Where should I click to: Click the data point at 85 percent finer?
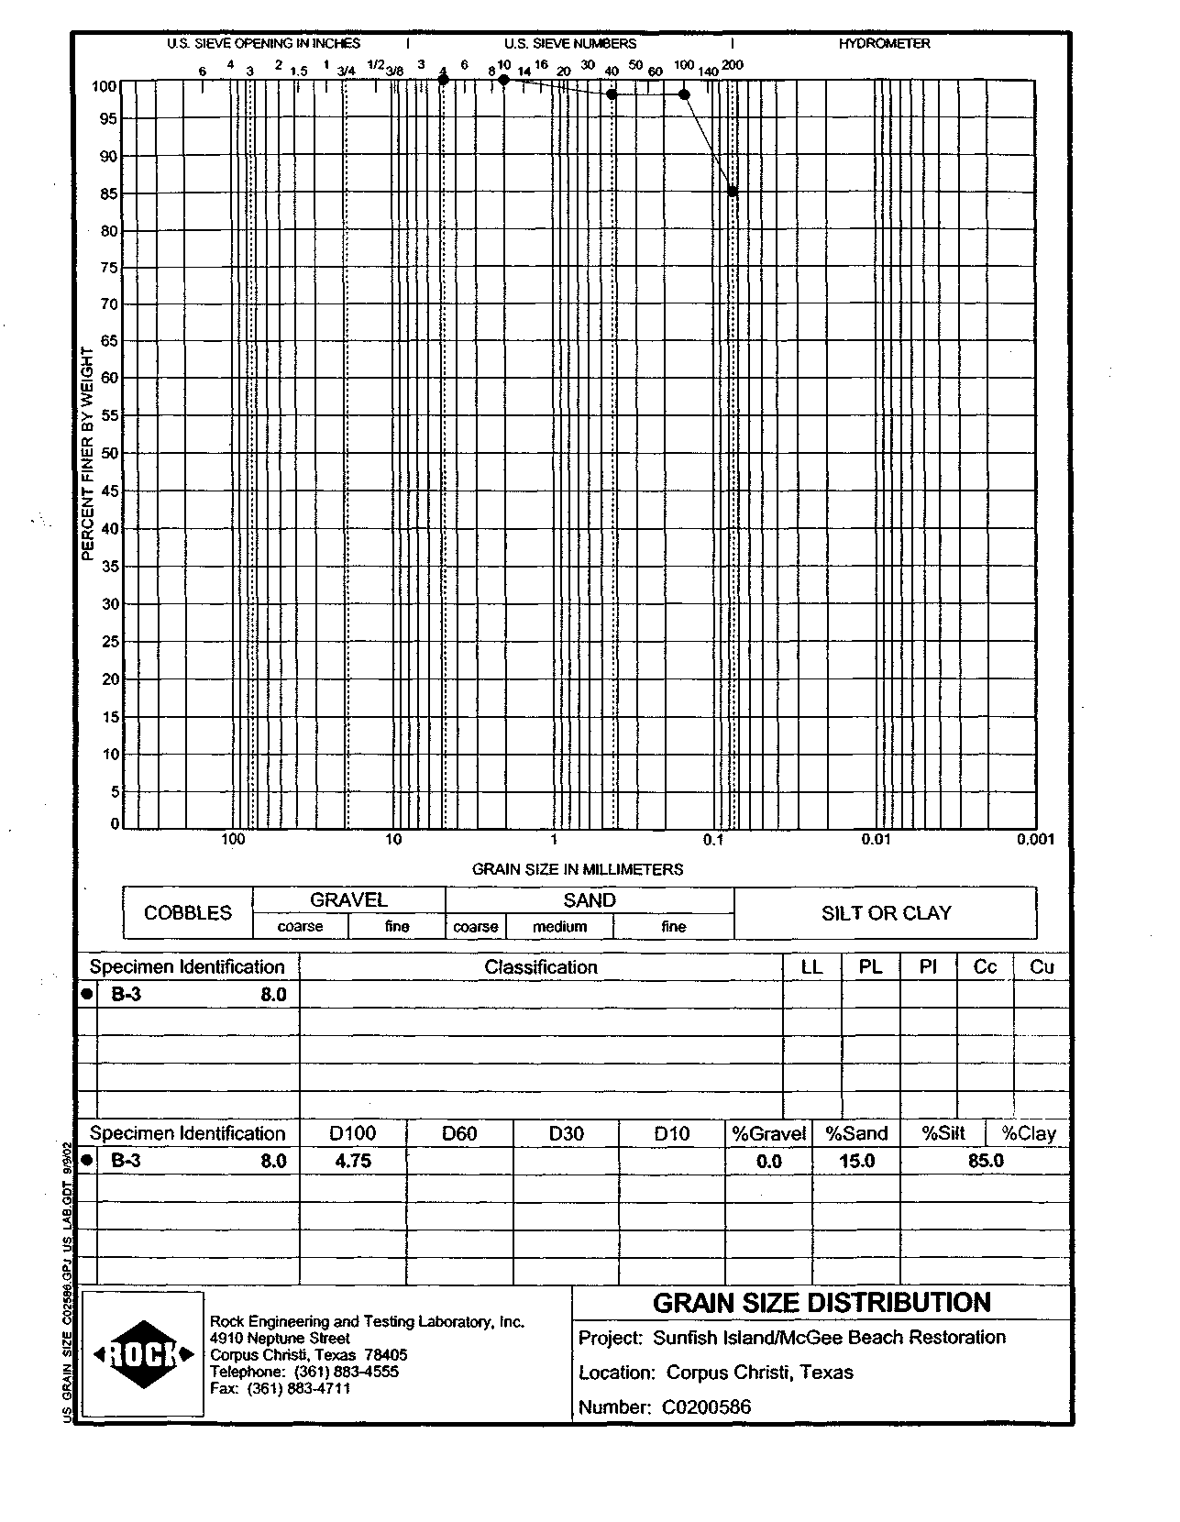pyautogui.click(x=733, y=192)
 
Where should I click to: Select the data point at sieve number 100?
pyautogui.click(x=684, y=94)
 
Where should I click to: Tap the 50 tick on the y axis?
pyautogui.click(x=109, y=453)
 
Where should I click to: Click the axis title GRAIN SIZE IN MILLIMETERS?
pyautogui.click(x=577, y=869)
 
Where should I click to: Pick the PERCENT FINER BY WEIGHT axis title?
pyautogui.click(x=88, y=454)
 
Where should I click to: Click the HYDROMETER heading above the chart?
pyautogui.click(x=884, y=43)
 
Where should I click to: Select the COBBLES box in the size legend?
pyautogui.click(x=188, y=913)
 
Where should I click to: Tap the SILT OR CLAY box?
pyautogui.click(x=886, y=913)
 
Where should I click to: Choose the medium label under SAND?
pyautogui.click(x=559, y=927)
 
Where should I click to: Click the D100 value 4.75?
pyautogui.click(x=353, y=1161)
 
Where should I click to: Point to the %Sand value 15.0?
pyautogui.click(x=856, y=1161)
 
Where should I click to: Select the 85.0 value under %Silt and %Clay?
pyautogui.click(x=986, y=1161)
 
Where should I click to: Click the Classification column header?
pyautogui.click(x=541, y=967)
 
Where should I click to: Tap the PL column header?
pyautogui.click(x=870, y=967)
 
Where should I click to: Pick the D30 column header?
pyautogui.click(x=566, y=1133)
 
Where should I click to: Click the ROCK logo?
pyautogui.click(x=143, y=1353)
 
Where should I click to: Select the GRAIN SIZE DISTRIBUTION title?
pyautogui.click(x=822, y=1303)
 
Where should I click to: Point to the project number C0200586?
pyautogui.click(x=705, y=1406)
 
